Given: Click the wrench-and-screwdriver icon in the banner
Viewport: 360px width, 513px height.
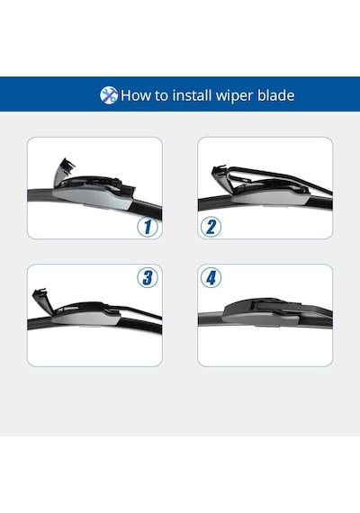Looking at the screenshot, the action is [109, 95].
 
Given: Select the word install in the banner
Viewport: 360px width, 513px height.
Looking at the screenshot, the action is [192, 95].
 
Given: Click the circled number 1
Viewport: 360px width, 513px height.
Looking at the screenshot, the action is [148, 227].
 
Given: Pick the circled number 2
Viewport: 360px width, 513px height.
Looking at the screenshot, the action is [211, 227].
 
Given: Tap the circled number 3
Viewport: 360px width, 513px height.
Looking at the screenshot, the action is [148, 278].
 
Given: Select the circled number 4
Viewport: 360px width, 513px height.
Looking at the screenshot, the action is [211, 278].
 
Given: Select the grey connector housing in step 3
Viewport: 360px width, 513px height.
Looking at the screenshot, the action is [86, 317].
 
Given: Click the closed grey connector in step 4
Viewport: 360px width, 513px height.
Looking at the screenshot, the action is [261, 313].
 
